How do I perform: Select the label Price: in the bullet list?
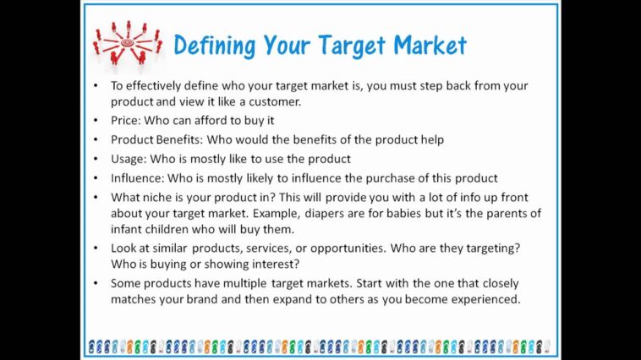click(126, 121)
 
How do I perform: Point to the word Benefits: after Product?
click(192, 139)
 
